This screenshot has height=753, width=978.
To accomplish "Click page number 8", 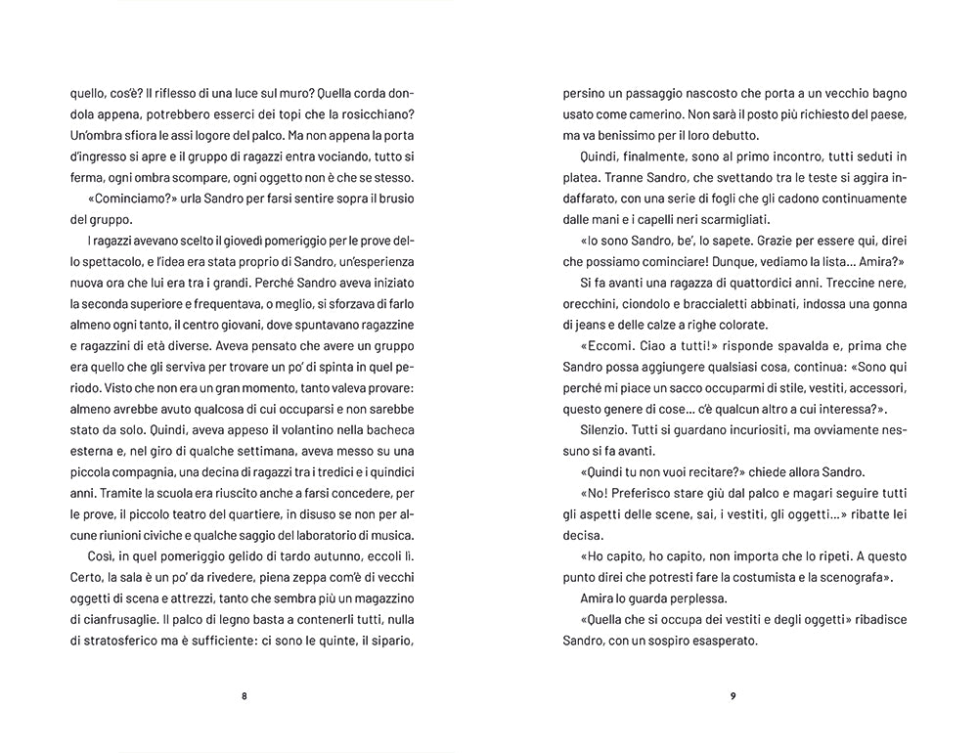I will click(x=244, y=696).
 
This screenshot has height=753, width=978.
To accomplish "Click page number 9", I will click(x=733, y=696).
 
